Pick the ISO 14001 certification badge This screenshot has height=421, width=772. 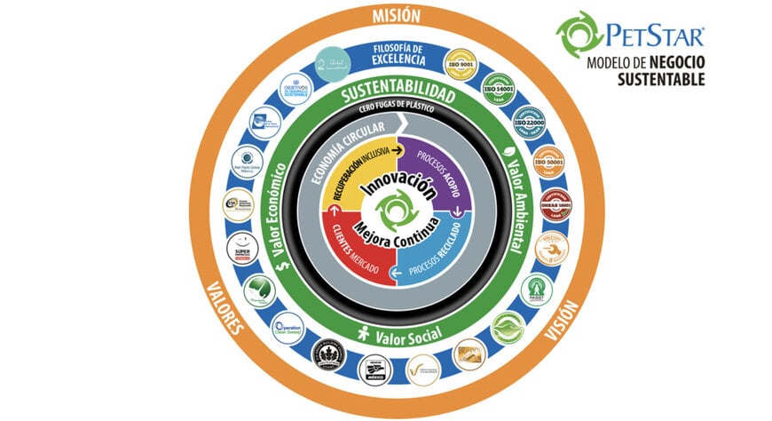500,86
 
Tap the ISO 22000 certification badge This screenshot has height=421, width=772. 530,122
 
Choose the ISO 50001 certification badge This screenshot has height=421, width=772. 548,162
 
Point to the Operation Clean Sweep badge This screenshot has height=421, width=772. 288,328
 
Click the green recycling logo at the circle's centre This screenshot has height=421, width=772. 391,211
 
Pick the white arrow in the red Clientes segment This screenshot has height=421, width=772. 335,210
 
